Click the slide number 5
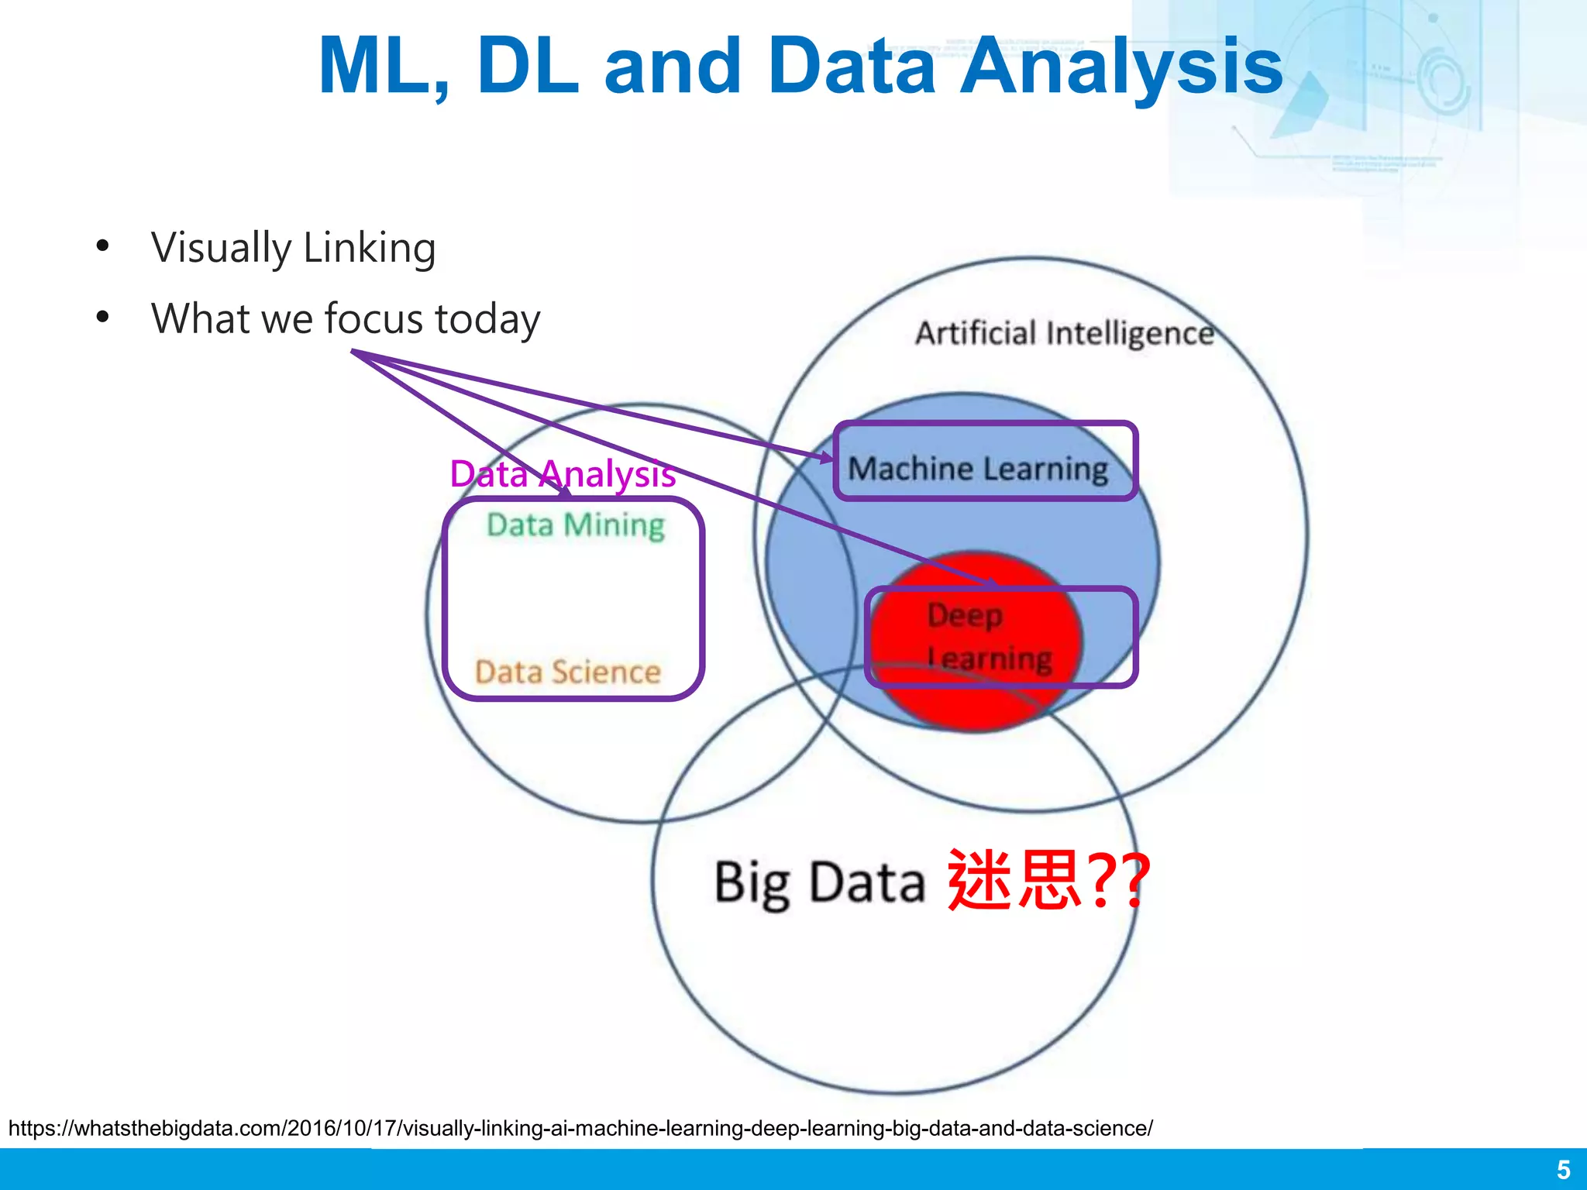(1563, 1169)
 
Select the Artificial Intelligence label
(1064, 333)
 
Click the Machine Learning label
(978, 469)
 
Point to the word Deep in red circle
(965, 615)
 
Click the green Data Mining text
(575, 525)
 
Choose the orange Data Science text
(567, 672)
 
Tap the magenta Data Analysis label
(563, 473)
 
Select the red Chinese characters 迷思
(1014, 880)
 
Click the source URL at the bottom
(580, 1128)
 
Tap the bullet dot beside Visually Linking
(102, 247)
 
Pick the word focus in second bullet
(373, 318)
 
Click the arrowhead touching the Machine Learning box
(828, 458)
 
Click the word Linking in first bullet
(369, 249)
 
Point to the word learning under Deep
(990, 659)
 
